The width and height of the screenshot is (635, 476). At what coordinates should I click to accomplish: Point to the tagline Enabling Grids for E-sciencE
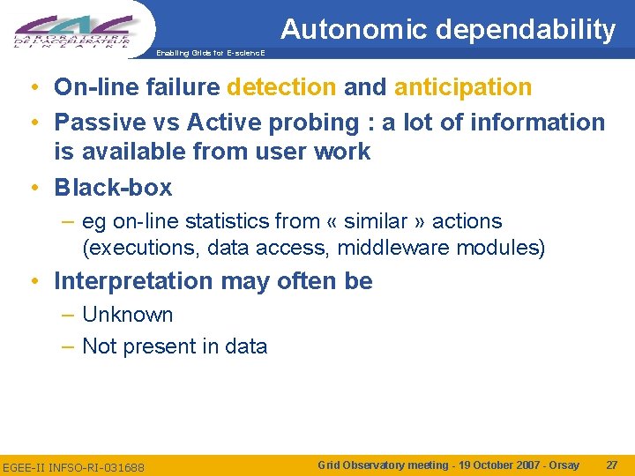tap(210, 53)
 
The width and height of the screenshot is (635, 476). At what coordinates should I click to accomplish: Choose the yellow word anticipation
tap(463, 87)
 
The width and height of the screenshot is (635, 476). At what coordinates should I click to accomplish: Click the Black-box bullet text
tap(113, 187)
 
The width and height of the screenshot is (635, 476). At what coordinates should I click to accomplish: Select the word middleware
tap(393, 248)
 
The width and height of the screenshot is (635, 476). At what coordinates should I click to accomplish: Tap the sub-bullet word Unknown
tap(127, 315)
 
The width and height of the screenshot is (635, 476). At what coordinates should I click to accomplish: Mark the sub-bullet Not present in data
tap(174, 346)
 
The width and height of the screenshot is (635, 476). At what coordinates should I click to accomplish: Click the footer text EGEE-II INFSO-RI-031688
tap(74, 466)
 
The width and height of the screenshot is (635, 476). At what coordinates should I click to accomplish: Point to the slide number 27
tap(612, 465)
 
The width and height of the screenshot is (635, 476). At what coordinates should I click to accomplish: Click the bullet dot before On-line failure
tap(31, 88)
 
